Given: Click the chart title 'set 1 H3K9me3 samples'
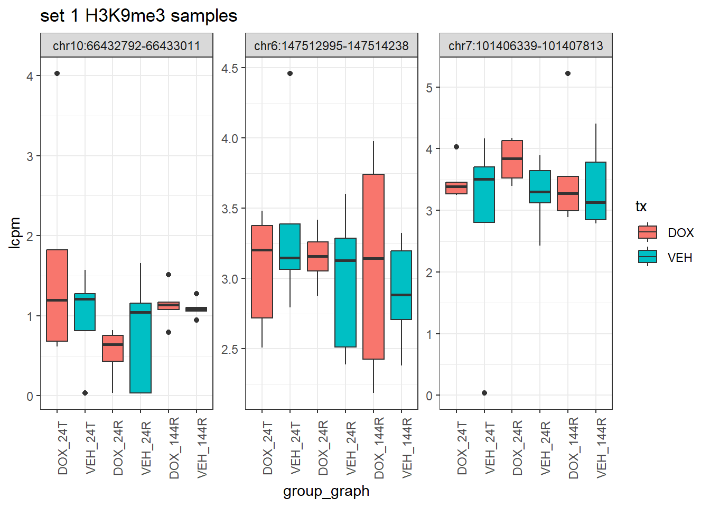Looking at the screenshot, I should (x=138, y=16).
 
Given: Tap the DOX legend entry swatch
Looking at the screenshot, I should (x=647, y=232).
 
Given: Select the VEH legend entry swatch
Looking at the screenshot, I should (x=647, y=257).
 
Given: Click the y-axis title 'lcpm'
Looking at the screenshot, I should (x=15, y=232).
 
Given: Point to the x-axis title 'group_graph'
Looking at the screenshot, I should (x=326, y=491).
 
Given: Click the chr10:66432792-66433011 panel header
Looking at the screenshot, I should (x=127, y=46).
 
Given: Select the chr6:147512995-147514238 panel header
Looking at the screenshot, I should (x=331, y=46).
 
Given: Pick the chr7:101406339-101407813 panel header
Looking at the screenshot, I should (x=526, y=46).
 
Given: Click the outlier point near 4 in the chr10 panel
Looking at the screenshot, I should (x=57, y=73).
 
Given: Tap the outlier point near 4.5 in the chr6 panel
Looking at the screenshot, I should (x=290, y=73).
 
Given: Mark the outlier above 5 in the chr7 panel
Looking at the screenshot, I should (x=568, y=73).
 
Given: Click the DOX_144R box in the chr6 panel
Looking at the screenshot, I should (x=373, y=267).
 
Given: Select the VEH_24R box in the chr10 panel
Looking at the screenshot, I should (x=141, y=348).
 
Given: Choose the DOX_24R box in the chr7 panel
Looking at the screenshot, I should (x=512, y=159).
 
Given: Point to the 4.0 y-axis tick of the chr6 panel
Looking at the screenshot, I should (x=230, y=138).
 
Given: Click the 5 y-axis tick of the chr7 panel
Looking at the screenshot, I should (x=429, y=88).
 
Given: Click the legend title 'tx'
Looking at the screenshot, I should (x=641, y=206).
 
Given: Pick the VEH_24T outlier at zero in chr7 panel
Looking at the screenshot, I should (x=484, y=393).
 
